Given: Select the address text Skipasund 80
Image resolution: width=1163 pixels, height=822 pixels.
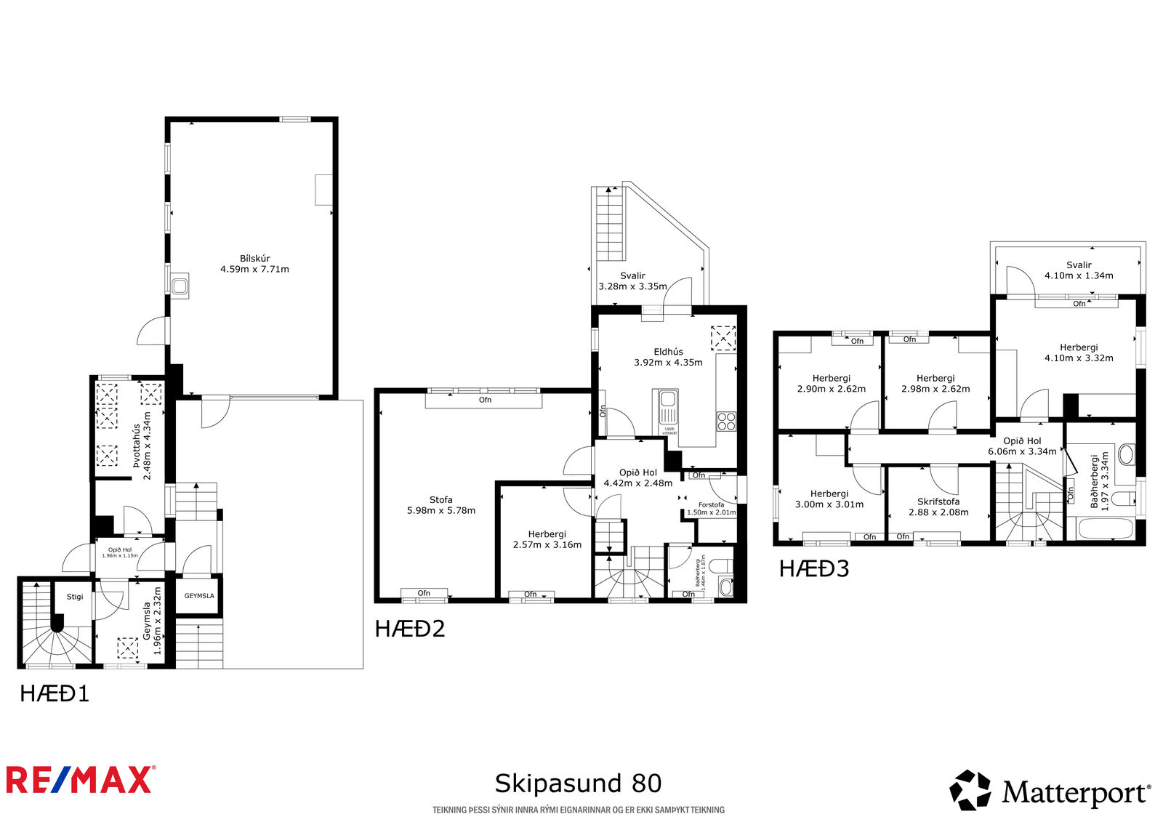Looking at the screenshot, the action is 578,783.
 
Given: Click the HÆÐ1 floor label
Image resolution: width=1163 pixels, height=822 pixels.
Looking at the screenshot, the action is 55,694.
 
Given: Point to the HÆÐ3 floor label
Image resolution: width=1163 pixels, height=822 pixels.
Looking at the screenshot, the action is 814,568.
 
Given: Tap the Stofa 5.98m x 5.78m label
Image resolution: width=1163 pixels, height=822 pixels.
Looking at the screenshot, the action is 440,505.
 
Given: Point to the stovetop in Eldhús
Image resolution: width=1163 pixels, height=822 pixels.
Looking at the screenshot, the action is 726,421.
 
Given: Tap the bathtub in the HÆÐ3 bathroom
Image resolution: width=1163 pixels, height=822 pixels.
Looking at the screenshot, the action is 1106,529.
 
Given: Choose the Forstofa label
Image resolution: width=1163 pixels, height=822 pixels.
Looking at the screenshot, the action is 712,504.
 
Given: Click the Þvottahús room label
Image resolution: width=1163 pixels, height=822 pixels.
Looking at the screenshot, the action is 137,446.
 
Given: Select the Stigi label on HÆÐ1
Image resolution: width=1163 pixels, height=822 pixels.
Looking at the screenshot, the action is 75,597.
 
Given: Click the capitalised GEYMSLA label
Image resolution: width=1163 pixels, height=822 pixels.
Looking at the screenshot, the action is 199,595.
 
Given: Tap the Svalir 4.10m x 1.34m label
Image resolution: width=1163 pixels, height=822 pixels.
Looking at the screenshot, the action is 1079,270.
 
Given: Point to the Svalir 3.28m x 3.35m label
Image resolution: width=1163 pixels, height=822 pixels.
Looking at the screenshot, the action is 632,281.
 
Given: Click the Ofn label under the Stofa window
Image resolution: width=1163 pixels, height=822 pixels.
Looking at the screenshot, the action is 485,400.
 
